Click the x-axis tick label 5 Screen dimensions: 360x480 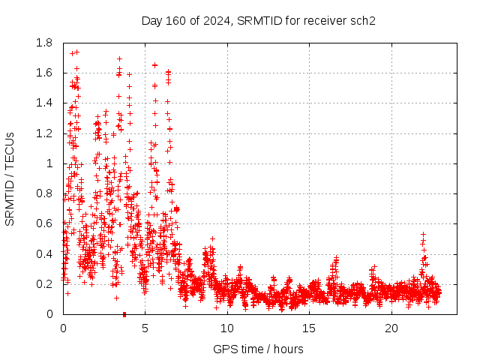tap(145, 328)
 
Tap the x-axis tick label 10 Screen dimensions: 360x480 tap(227, 328)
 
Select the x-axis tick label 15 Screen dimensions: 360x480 tap(310, 328)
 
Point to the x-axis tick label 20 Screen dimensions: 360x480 tap(391, 328)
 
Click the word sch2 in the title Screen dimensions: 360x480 tap(363, 20)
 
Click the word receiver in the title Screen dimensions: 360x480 tap(326, 20)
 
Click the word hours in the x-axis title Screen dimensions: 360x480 tap(289, 349)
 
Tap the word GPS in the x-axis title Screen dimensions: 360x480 tap(223, 349)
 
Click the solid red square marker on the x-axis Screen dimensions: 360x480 tap(124, 313)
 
